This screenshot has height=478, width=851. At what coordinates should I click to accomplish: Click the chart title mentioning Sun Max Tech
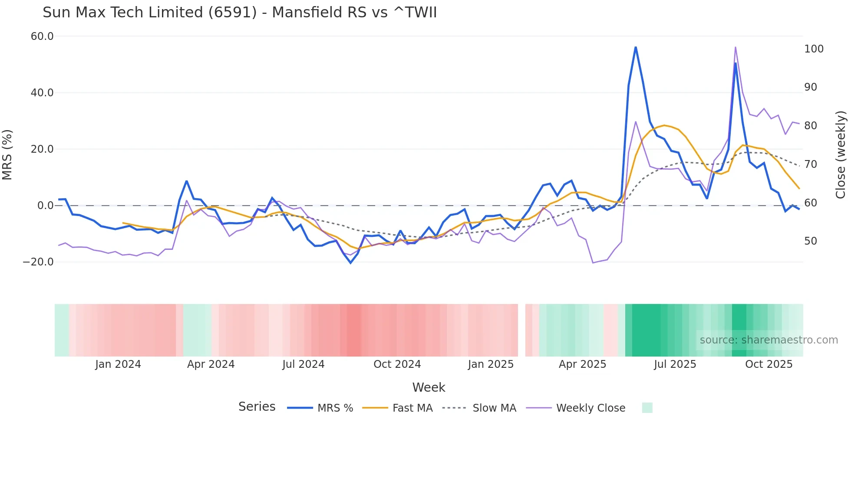[240, 13]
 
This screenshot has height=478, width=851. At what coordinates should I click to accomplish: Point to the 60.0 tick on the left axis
[42, 36]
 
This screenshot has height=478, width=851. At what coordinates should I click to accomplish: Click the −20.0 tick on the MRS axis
[38, 262]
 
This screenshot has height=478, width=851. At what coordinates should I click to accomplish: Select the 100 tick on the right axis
[814, 49]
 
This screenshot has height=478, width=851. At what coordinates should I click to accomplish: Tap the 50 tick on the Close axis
[811, 241]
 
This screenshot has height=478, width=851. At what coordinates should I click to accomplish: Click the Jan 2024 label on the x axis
[118, 364]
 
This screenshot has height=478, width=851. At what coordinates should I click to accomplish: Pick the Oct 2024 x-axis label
[397, 364]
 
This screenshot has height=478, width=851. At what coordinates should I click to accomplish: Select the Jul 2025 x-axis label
[675, 364]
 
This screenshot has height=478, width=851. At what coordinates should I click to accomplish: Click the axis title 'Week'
[429, 387]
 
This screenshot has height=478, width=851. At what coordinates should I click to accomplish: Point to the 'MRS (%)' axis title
[7, 154]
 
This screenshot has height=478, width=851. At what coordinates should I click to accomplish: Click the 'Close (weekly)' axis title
[841, 154]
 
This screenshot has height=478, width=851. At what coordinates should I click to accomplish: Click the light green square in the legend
[647, 408]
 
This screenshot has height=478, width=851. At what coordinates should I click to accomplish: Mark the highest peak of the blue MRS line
[636, 47]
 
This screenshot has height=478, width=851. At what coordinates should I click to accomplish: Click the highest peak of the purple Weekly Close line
[736, 47]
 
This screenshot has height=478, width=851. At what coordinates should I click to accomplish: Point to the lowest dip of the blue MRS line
[351, 263]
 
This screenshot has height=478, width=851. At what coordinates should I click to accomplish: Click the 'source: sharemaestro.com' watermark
[769, 340]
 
